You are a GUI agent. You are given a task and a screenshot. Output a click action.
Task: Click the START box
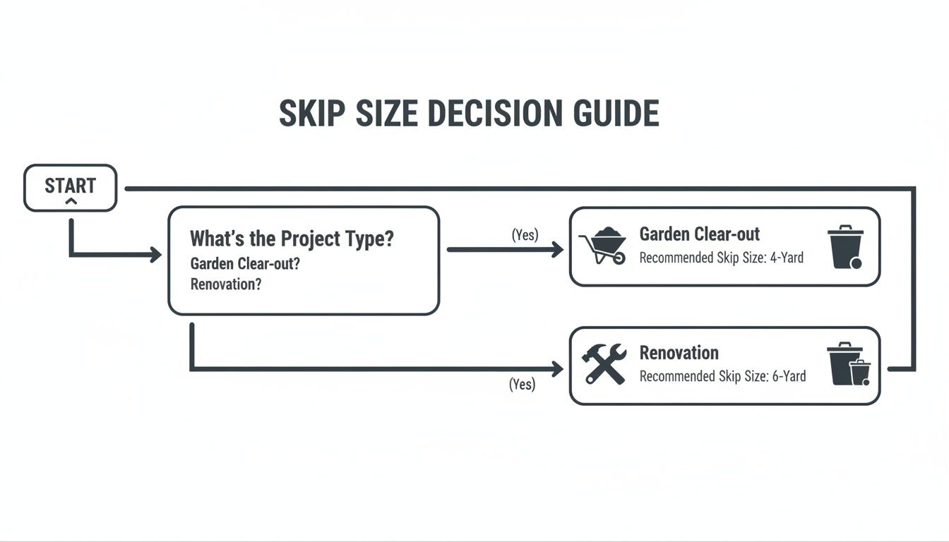click(x=70, y=188)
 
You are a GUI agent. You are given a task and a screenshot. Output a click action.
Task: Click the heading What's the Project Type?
click(x=292, y=239)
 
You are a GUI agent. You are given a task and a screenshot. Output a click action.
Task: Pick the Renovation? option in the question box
click(x=225, y=284)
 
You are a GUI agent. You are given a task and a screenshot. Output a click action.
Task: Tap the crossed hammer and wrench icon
click(x=604, y=363)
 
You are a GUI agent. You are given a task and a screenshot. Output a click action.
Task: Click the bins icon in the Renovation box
click(x=849, y=363)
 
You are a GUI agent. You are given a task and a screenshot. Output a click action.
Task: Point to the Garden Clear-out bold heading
click(x=699, y=234)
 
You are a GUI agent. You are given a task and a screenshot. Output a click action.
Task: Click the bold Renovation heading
click(x=679, y=353)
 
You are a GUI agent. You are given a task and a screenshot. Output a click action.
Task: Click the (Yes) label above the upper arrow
click(x=525, y=235)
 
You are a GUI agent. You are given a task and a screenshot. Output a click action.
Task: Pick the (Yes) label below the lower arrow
click(x=522, y=385)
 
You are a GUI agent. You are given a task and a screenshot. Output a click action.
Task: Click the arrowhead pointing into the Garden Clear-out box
click(x=557, y=249)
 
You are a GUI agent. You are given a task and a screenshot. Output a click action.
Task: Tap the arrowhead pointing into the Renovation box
click(x=557, y=368)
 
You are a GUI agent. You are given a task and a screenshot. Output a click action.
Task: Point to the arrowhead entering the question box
click(x=155, y=255)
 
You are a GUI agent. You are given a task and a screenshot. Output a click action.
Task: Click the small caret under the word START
click(x=70, y=203)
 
